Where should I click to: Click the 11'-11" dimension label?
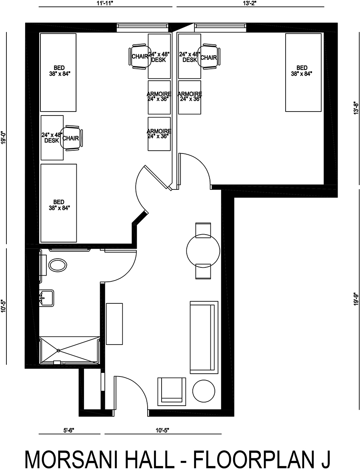(105, 3)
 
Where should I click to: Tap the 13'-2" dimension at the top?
(250, 3)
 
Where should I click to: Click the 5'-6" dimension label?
(69, 430)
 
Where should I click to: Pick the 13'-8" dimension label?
(356, 108)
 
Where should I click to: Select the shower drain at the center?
(58, 350)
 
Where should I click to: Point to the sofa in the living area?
(204, 337)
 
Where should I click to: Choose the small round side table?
(203, 391)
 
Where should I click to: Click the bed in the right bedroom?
(303, 73)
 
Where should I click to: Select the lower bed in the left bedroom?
(59, 203)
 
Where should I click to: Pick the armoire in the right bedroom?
(190, 97)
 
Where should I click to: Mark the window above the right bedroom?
(220, 28)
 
